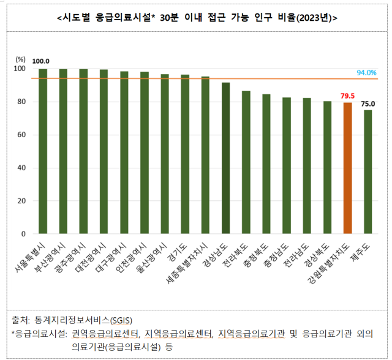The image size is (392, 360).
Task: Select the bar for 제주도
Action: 367,172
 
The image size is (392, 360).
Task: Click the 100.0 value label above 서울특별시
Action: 41,61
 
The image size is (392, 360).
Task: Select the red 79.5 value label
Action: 347,96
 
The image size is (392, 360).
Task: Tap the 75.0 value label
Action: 368,103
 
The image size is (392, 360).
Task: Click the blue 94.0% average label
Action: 366,73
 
